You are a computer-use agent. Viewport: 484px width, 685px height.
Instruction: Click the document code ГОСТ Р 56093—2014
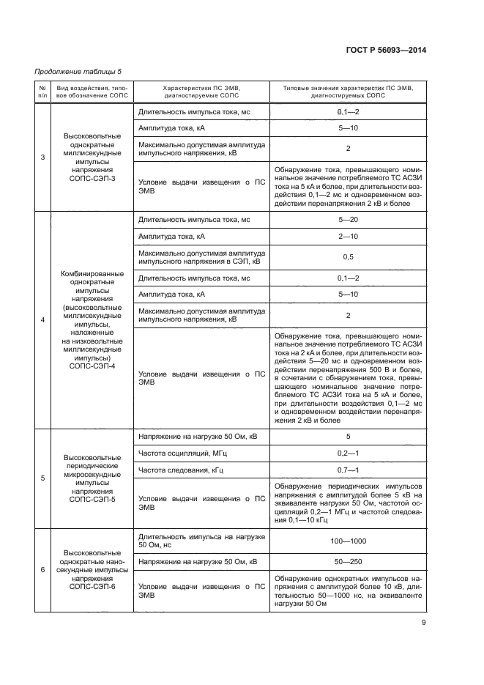pos(385,49)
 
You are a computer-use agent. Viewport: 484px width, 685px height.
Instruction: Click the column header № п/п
pos(42,91)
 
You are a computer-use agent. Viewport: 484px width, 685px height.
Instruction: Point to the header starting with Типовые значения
pos(348,86)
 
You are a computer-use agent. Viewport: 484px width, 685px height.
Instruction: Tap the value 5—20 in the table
pos(348,219)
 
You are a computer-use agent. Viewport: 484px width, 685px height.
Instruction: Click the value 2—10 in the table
pos(348,237)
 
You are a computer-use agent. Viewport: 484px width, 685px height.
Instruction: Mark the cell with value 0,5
pos(348,257)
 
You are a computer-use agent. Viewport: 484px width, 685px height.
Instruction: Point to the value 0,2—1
pos(348,453)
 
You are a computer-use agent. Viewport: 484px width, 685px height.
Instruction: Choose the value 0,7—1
pos(348,470)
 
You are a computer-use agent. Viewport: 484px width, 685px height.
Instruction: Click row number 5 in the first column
pos(42,478)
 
